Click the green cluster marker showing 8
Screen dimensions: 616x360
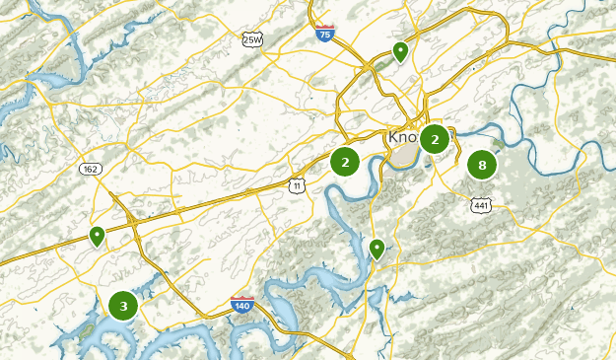click(x=482, y=165)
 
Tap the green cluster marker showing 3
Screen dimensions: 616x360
click(x=123, y=307)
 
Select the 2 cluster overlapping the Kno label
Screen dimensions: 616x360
click(x=435, y=139)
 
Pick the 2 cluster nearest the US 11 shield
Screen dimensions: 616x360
click(x=345, y=162)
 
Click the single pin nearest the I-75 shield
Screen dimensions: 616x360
click(x=400, y=50)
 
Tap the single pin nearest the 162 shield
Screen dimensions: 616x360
click(x=97, y=236)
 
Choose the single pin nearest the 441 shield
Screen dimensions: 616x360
click(x=376, y=248)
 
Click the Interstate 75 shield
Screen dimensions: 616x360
click(x=325, y=34)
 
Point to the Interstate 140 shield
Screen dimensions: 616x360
click(x=242, y=306)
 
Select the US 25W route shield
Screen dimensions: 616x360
click(x=252, y=38)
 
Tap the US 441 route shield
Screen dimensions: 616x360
click(x=481, y=205)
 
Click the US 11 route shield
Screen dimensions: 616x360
click(x=297, y=184)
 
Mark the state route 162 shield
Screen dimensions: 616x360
click(x=91, y=169)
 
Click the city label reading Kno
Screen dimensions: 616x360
click(x=403, y=136)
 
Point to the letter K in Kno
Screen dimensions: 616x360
click(x=393, y=136)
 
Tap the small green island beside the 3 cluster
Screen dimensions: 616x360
click(x=87, y=326)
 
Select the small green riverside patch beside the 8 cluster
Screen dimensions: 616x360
click(x=499, y=144)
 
